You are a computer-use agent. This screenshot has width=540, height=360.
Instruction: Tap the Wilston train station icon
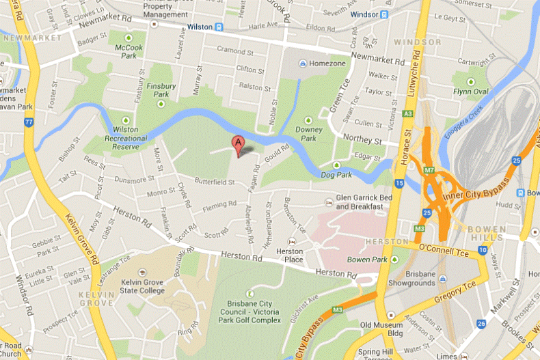click(219, 27)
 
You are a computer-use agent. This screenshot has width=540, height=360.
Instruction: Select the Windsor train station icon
click(385, 14)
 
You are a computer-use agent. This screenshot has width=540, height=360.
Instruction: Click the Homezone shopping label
click(323, 64)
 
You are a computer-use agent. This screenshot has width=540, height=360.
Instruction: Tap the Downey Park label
click(309, 133)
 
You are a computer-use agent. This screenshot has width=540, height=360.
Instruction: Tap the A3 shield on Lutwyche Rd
click(408, 113)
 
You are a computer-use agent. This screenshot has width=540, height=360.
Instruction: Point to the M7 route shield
click(429, 169)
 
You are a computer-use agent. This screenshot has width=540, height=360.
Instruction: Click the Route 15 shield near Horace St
click(399, 183)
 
